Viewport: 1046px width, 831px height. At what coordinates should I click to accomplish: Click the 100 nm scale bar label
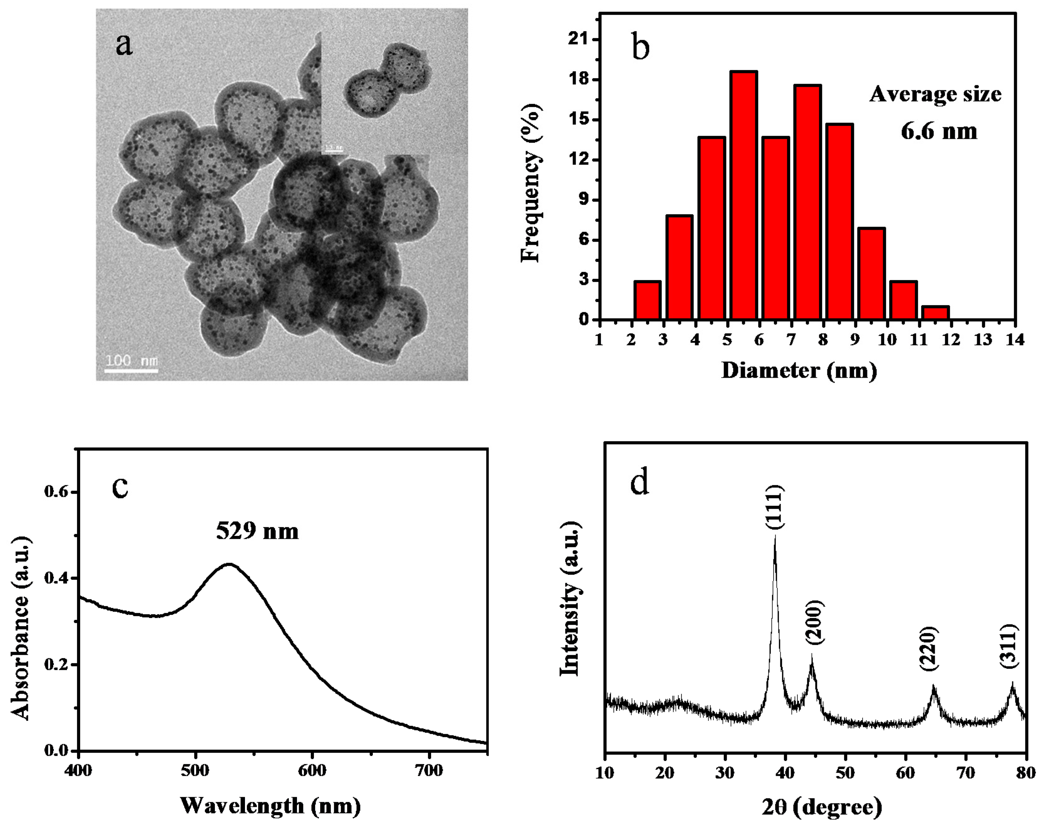[x=132, y=361]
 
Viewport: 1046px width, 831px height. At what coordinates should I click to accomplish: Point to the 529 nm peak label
[x=257, y=531]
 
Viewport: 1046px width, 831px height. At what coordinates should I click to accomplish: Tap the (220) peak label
[x=929, y=649]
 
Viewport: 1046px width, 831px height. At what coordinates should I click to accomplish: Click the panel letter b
[x=640, y=47]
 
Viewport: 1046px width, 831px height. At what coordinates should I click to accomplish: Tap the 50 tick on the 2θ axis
[x=845, y=773]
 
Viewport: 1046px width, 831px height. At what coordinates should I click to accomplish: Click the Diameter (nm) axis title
[x=799, y=370]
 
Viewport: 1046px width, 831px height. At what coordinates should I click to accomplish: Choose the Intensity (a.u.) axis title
[x=570, y=599]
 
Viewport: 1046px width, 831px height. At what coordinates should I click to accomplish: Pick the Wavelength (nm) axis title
[x=270, y=806]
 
